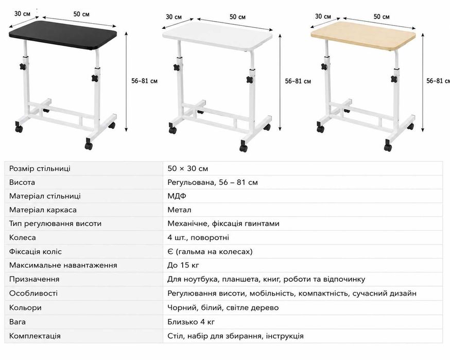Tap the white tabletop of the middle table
click(x=217, y=36)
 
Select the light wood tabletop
click(x=363, y=36)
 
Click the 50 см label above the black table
click(x=81, y=14)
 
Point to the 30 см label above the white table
click(x=174, y=17)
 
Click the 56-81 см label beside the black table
click(x=144, y=81)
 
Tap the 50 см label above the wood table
click(x=382, y=16)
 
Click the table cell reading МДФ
click(x=177, y=196)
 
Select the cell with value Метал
click(x=179, y=210)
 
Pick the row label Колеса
click(x=22, y=238)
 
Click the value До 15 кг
click(x=183, y=265)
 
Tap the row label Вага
click(x=17, y=322)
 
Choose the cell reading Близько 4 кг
click(x=191, y=322)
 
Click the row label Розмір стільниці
click(x=40, y=168)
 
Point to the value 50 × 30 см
click(x=188, y=168)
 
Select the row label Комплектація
click(x=34, y=336)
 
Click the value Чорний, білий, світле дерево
click(x=223, y=308)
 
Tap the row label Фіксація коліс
click(x=36, y=252)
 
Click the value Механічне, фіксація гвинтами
click(x=223, y=224)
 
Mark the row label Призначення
click(x=34, y=279)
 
